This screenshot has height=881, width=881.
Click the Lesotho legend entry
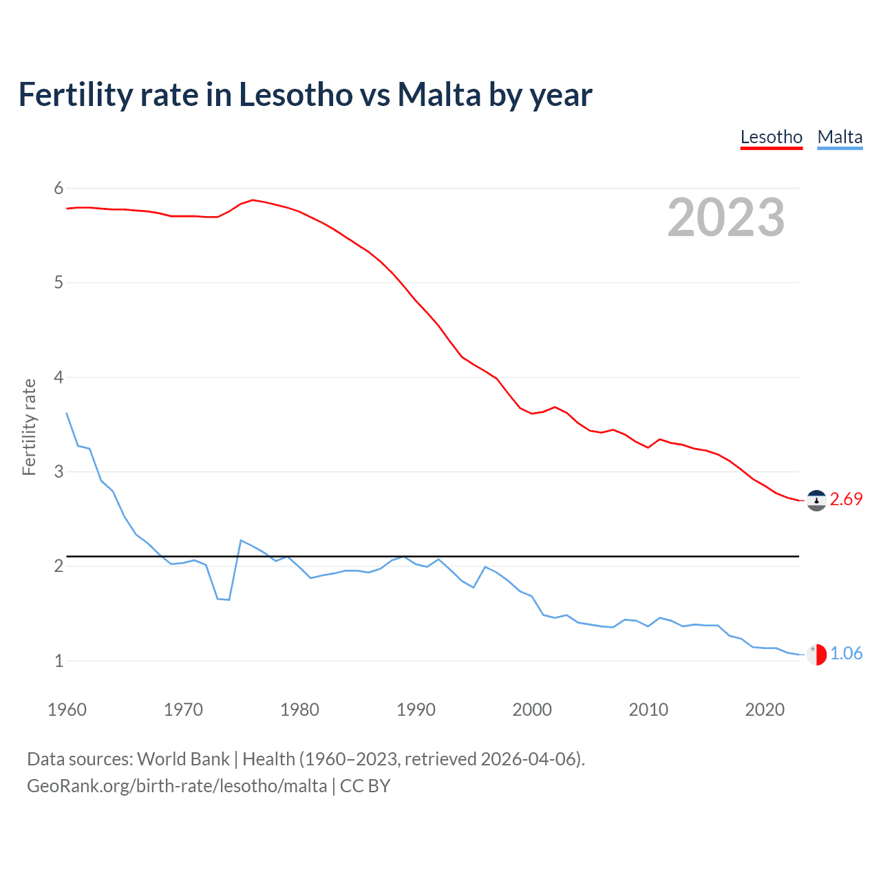tap(771, 137)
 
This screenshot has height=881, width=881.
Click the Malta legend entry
tap(840, 137)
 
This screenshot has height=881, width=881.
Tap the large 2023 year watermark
tap(726, 217)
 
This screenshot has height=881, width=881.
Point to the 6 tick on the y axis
tap(59, 188)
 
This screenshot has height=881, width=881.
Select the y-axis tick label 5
tap(59, 282)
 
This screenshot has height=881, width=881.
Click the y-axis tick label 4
tap(59, 377)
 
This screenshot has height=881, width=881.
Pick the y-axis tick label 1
tap(59, 661)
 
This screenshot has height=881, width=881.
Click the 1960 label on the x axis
tap(67, 710)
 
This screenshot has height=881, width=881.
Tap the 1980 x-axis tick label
tap(299, 710)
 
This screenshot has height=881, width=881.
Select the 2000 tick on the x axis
tap(532, 710)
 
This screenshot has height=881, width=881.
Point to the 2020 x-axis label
tap(765, 710)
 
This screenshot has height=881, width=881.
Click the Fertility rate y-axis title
tap(29, 427)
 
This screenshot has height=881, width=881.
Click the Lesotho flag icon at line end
tap(816, 500)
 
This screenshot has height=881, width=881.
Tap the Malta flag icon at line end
tap(816, 655)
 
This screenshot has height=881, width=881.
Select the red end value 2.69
tap(846, 500)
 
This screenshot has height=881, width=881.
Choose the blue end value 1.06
tap(846, 654)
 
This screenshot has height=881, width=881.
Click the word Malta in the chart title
tap(439, 95)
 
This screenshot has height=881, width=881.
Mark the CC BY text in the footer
tap(365, 786)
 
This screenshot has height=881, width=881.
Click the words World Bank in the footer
tap(183, 759)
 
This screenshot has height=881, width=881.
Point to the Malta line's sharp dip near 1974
tap(227, 599)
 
